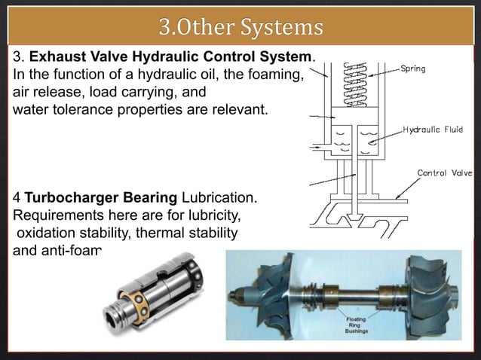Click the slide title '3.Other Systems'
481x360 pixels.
[240, 28]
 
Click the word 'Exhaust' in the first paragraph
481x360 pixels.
[57, 58]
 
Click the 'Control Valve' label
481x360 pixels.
[445, 172]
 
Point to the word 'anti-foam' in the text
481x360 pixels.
[71, 250]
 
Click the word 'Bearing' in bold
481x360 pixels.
[142, 198]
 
